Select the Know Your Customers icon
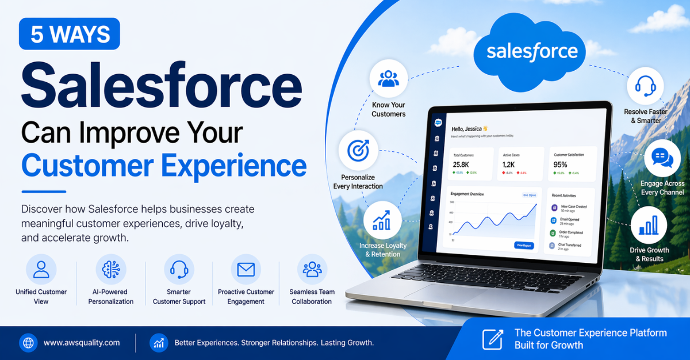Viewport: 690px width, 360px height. [x=389, y=79]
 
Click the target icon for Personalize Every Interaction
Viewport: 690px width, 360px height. [x=358, y=151]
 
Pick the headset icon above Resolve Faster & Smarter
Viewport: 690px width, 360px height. [x=645, y=86]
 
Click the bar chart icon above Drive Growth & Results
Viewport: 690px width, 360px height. [x=649, y=225]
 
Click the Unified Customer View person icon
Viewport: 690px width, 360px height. [x=41, y=269]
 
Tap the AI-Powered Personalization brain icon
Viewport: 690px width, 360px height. [x=110, y=269]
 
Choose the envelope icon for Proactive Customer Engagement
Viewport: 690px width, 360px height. [x=246, y=269]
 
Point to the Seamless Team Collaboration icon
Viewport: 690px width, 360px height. [x=312, y=269]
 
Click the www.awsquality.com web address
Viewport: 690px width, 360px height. [x=82, y=343]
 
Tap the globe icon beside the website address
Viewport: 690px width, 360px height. [x=28, y=343]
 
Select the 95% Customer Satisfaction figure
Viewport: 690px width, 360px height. [x=560, y=164]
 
